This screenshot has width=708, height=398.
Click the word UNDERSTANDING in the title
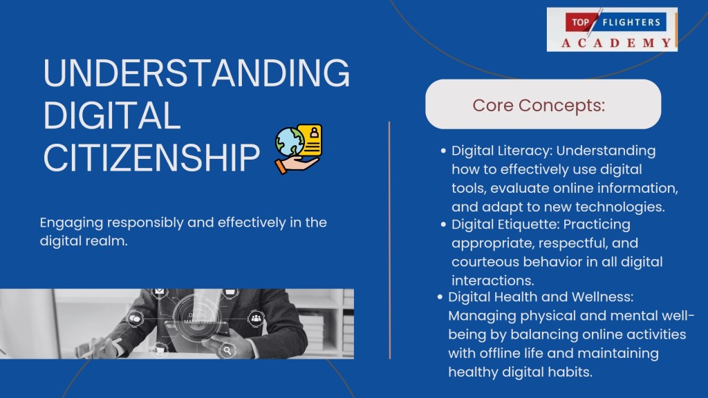pos(196,73)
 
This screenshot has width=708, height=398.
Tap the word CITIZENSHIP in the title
pos(151,158)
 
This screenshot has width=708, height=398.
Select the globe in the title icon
pos(290,142)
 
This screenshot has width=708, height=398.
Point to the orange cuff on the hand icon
pos(281,167)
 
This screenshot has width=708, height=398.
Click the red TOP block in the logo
pos(579,22)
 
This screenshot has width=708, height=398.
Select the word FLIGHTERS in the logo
pos(631,22)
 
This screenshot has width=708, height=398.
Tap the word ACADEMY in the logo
pos(616,43)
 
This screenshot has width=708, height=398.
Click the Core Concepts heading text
pos(539,105)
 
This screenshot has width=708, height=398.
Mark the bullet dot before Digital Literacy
pos(443,151)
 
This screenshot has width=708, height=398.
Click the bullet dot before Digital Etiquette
pos(443,225)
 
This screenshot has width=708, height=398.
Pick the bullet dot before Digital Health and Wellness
pos(440,297)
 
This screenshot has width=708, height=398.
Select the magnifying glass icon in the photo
pos(227,350)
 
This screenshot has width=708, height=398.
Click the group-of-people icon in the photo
pos(256,318)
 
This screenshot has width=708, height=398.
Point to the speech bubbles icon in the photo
pos(136,319)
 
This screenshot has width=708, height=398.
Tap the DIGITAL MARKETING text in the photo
pos(198,318)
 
